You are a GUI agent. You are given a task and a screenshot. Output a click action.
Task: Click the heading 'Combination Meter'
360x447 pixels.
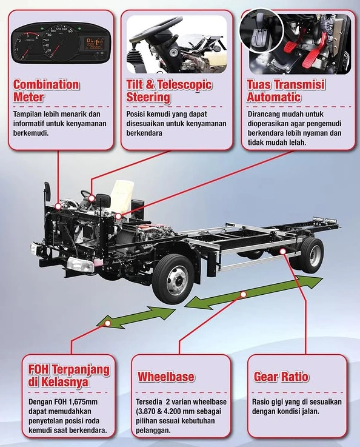[46, 90]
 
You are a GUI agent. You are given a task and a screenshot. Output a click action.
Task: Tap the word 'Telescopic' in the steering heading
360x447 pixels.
[185, 85]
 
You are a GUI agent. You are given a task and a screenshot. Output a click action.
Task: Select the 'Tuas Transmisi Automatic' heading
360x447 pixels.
[285, 90]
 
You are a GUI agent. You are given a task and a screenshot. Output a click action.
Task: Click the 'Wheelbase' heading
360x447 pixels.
[166, 377]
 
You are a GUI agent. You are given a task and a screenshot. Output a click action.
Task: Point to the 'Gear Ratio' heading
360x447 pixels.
[281, 377]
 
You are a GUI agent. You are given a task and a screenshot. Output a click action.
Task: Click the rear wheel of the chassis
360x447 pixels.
[312, 255]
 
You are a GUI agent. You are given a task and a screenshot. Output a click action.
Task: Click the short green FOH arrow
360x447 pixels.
[136, 317]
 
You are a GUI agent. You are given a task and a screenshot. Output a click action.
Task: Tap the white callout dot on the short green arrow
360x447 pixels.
[108, 323]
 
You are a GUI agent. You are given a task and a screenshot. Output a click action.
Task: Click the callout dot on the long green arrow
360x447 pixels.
[243, 294]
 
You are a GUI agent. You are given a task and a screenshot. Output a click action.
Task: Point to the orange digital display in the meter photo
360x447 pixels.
[95, 43]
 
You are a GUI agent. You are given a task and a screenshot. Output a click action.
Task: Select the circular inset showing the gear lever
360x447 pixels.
[262, 30]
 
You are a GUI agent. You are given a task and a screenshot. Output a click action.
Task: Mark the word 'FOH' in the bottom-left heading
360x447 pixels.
[39, 370]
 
